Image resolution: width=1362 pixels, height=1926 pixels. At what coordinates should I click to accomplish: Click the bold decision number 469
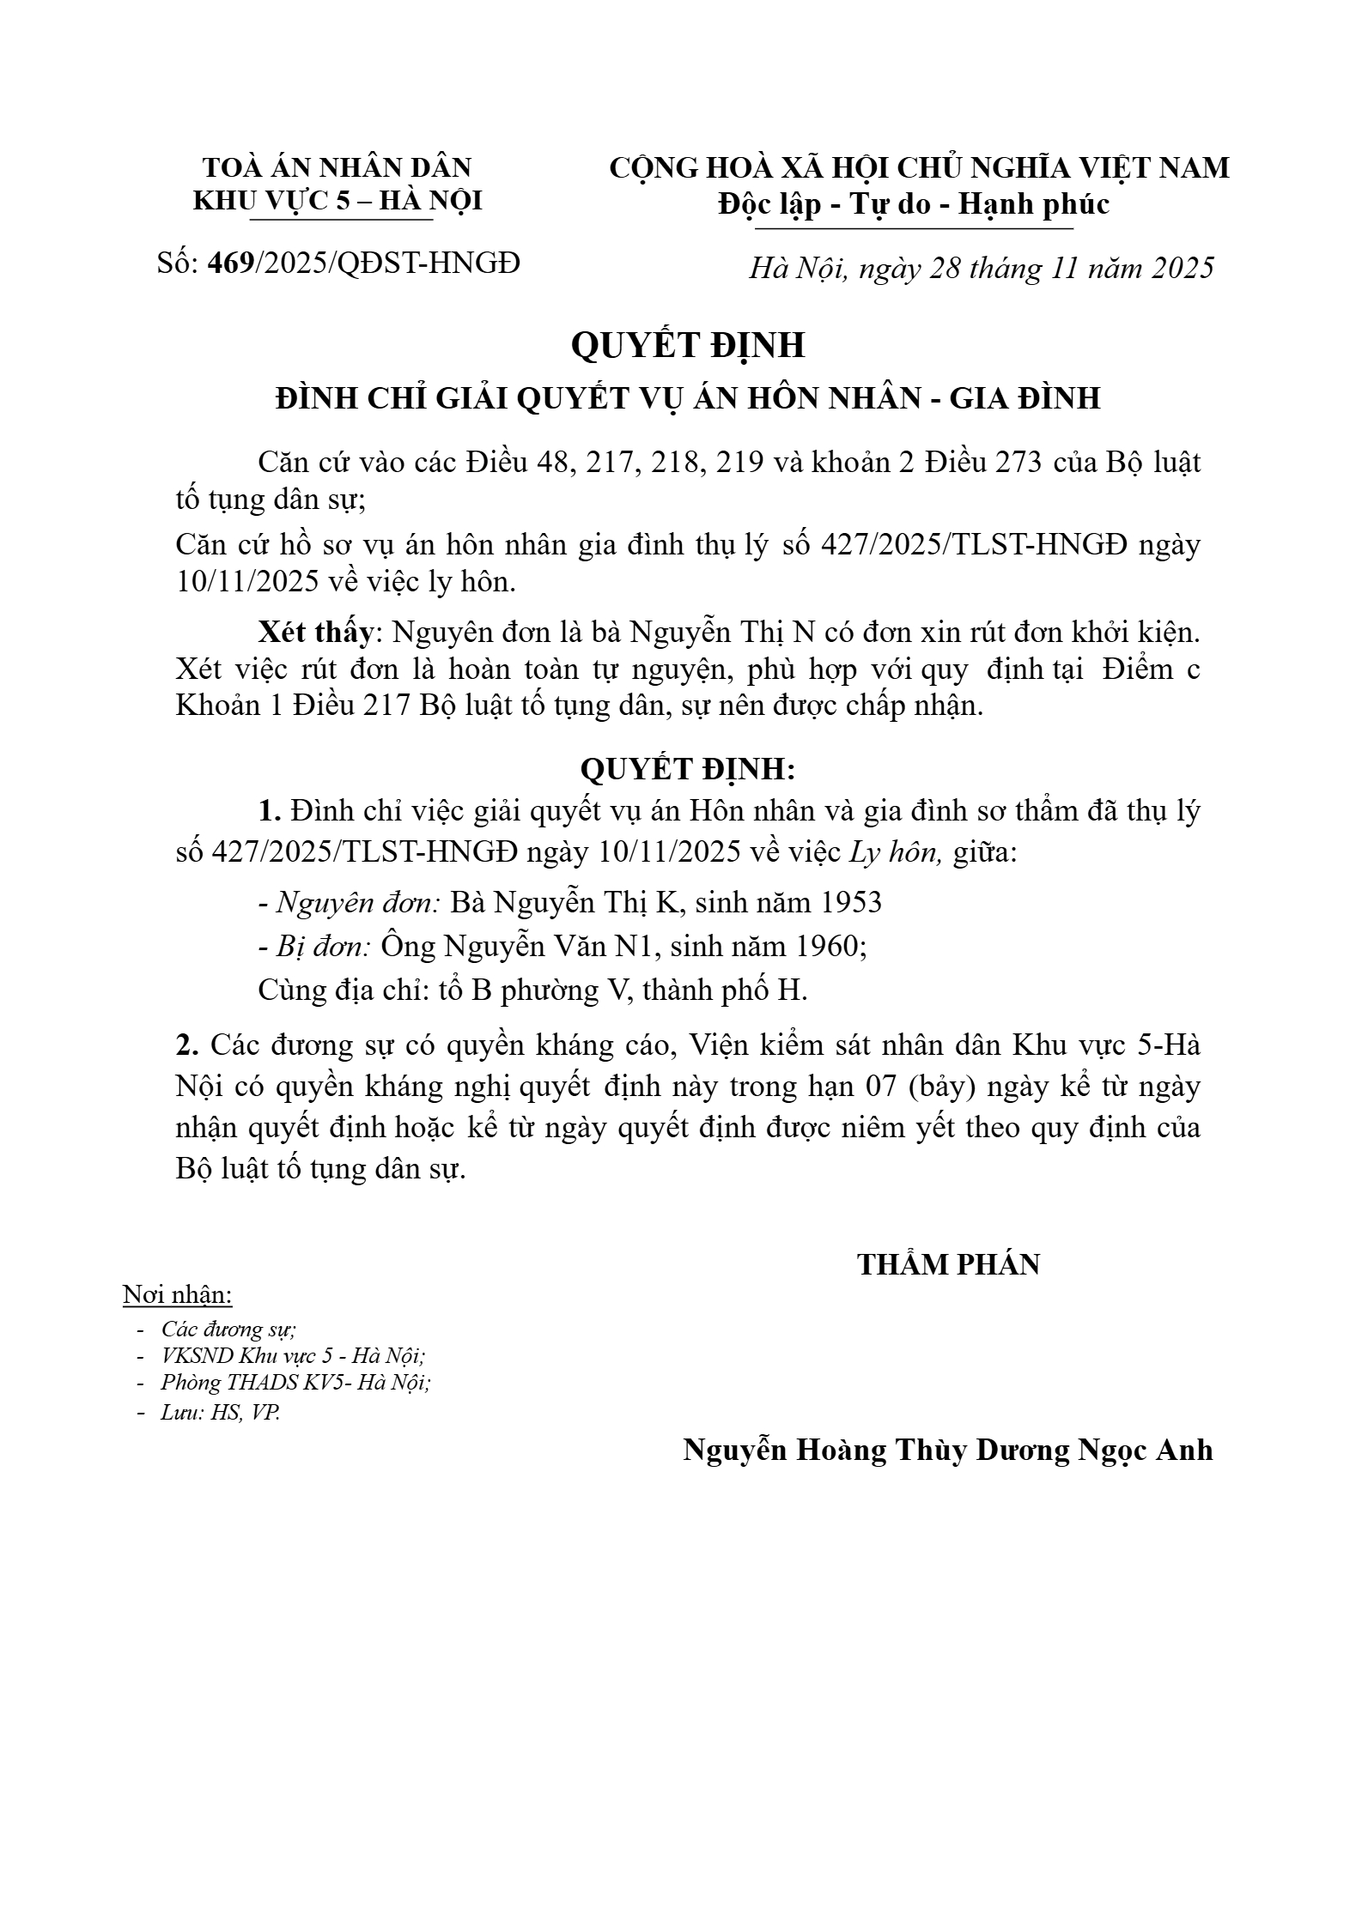231,263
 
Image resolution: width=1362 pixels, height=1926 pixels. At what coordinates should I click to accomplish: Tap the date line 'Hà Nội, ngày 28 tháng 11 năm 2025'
982,269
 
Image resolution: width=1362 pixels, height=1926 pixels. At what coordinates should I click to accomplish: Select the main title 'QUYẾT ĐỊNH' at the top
688,345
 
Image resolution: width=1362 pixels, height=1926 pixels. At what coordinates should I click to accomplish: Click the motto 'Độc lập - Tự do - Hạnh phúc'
915,204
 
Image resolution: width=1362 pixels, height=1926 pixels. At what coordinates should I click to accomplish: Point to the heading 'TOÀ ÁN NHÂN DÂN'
337,167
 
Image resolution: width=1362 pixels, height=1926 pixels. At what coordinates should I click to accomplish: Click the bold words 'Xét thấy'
316,633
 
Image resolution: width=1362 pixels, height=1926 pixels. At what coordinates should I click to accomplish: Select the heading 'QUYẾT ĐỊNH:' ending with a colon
688,769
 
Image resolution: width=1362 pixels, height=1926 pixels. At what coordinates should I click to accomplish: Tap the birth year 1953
850,902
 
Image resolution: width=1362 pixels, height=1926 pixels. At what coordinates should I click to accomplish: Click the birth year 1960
827,946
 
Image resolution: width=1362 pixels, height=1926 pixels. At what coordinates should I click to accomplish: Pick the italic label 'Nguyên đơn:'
359,902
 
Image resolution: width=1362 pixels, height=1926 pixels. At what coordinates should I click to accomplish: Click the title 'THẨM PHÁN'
949,1264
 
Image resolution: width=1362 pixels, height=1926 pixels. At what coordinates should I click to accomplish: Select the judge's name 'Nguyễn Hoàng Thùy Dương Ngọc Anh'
948,1450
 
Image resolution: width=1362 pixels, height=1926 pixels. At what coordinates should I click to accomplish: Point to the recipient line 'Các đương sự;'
228,1329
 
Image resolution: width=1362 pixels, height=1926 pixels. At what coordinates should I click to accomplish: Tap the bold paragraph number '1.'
271,811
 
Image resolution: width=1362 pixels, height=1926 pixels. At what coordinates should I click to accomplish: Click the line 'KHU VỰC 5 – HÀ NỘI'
337,201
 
